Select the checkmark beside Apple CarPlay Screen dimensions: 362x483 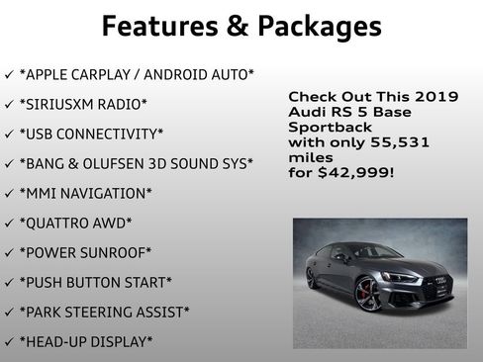[x=10, y=75]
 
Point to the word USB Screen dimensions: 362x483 [x=41, y=134]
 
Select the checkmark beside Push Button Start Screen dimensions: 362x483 [x=10, y=283]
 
